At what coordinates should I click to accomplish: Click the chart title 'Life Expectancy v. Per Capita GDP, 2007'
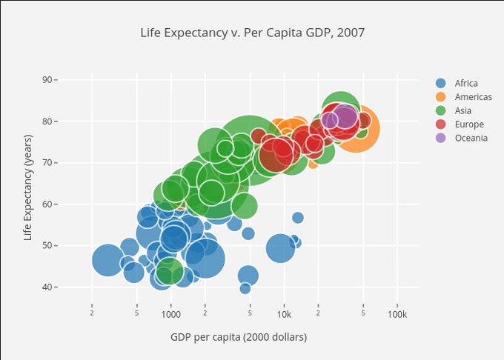click(253, 33)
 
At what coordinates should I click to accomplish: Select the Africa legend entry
click(466, 83)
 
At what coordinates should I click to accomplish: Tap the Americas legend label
click(473, 97)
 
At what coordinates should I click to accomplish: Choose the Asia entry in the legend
click(463, 110)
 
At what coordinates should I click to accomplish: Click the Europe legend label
click(469, 124)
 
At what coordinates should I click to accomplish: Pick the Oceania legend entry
click(471, 138)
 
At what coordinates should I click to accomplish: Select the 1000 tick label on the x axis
click(170, 314)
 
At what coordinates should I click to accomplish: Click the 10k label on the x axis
click(284, 314)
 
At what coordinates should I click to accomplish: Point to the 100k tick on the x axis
click(397, 314)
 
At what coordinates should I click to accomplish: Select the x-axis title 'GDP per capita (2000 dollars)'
click(239, 337)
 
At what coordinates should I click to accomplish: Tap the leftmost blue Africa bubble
click(107, 260)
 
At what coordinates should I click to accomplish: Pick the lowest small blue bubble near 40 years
click(245, 288)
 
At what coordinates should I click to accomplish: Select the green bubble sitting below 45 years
click(170, 271)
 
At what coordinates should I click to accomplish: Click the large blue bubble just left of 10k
click(280, 247)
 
